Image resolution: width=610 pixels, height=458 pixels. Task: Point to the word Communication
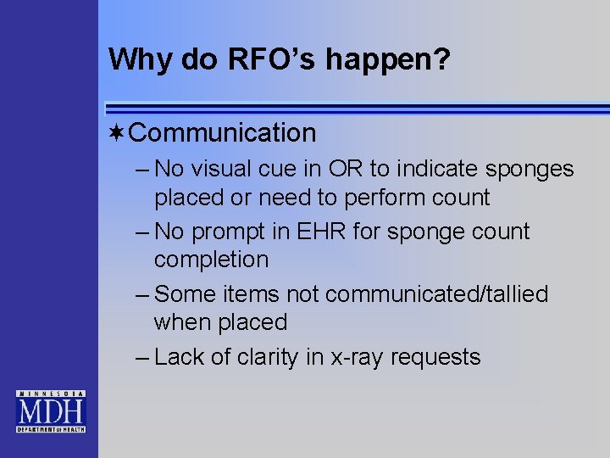point(224,133)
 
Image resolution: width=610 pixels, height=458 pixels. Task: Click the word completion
point(211,260)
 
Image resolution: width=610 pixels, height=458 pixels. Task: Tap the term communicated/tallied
point(436,294)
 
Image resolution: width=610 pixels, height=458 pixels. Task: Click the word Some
point(184,294)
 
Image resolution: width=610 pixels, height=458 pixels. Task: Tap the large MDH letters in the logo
point(50,413)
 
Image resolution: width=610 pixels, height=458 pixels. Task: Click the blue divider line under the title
point(356,108)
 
